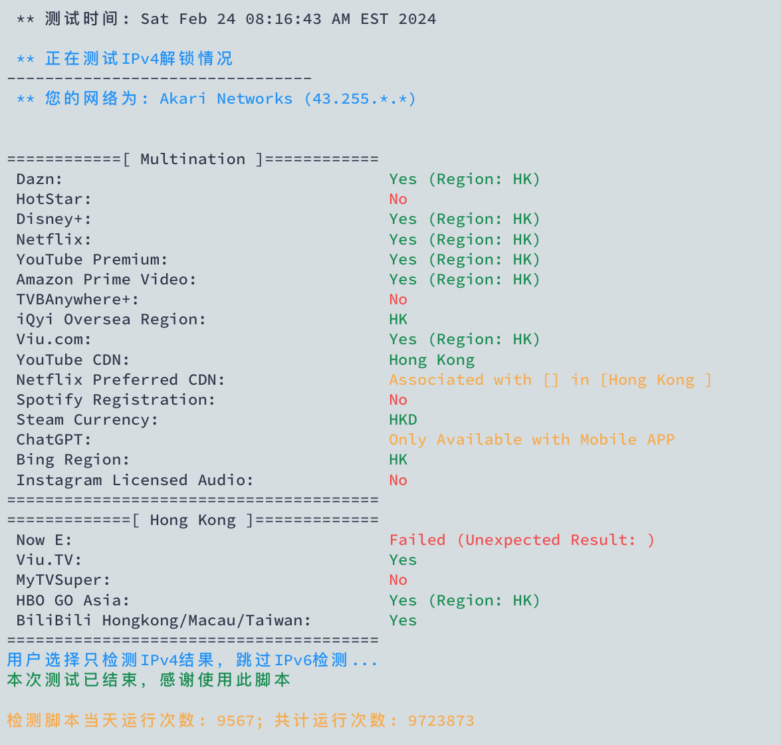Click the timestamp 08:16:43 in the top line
tap(283, 19)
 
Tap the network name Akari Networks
tap(226, 99)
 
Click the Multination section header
tap(193, 160)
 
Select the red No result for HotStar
tap(398, 199)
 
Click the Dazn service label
tap(39, 179)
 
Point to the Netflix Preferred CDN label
tap(120, 380)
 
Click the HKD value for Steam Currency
tap(403, 420)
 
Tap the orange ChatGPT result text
tap(532, 440)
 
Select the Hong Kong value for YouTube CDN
tap(432, 360)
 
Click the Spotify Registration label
tap(116, 400)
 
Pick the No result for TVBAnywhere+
tap(398, 300)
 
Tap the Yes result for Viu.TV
tap(403, 560)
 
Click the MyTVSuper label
tap(63, 580)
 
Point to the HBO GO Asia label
tap(72, 601)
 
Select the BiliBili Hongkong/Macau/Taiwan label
tap(164, 621)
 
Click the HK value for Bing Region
tap(398, 460)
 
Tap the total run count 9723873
tap(441, 721)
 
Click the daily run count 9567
tap(235, 721)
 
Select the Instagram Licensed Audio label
tap(134, 480)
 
